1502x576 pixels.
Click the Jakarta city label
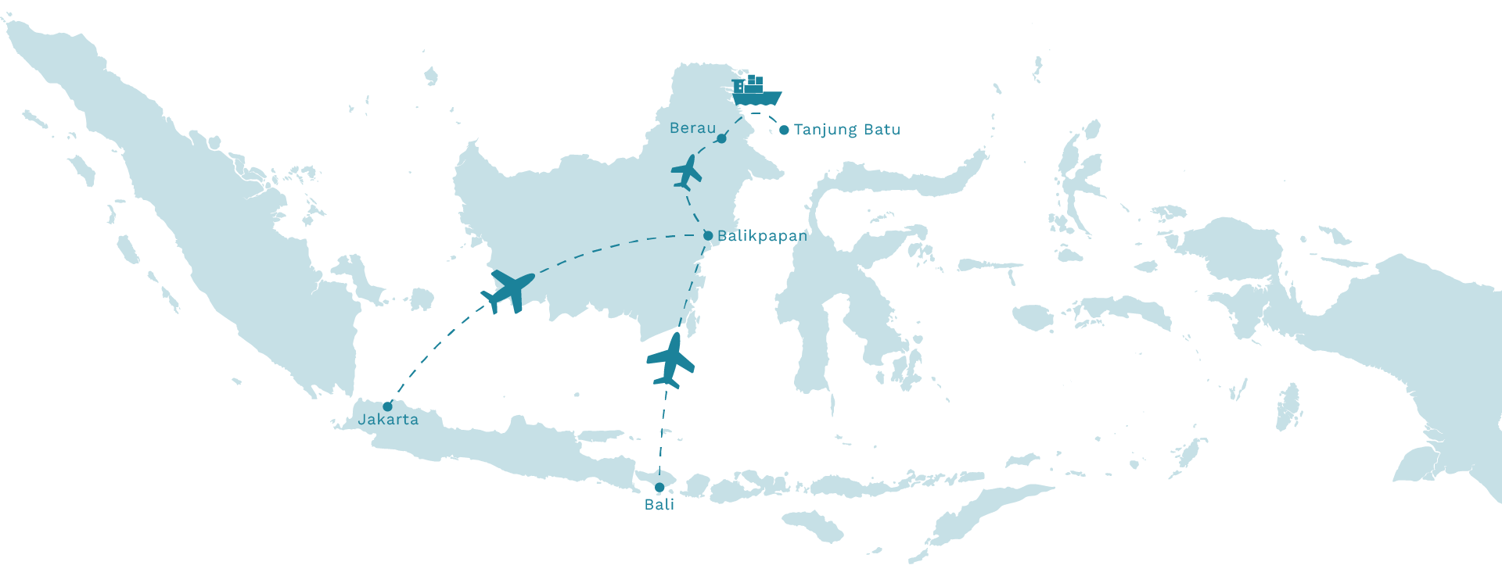pyautogui.click(x=388, y=420)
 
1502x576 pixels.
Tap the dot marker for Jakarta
pyautogui.click(x=387, y=406)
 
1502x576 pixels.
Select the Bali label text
pyautogui.click(x=659, y=505)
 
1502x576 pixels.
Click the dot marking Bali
pyautogui.click(x=659, y=487)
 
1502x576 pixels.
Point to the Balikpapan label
pyautogui.click(x=762, y=236)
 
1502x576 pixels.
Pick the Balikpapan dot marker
pyautogui.click(x=708, y=235)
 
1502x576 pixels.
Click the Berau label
pyautogui.click(x=692, y=128)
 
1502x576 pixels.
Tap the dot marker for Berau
pyautogui.click(x=721, y=139)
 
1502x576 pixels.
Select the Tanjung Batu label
pyautogui.click(x=846, y=130)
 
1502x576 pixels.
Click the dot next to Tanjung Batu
pyautogui.click(x=784, y=131)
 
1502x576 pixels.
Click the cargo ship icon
pyautogui.click(x=756, y=92)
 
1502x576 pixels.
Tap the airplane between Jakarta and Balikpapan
pyautogui.click(x=508, y=291)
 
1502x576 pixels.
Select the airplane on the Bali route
pyautogui.click(x=670, y=360)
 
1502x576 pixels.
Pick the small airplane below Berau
pyautogui.click(x=686, y=172)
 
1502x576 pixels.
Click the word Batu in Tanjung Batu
pyautogui.click(x=882, y=130)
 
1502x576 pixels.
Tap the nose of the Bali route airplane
pyautogui.click(x=675, y=337)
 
